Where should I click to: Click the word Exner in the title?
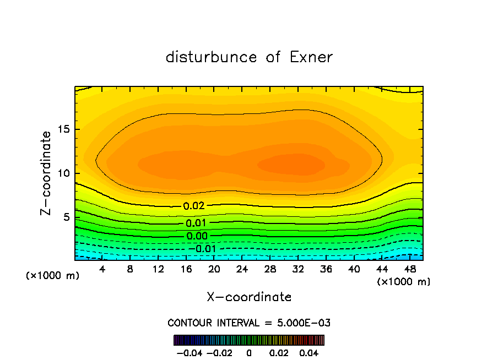pos(311,57)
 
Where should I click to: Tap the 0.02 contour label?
pos(194,206)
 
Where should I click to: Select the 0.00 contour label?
pos(197,236)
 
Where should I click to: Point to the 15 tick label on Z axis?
pos(63,130)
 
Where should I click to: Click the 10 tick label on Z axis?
pos(63,173)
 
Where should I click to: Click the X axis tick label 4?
pos(102,269)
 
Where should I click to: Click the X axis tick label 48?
pos(409,269)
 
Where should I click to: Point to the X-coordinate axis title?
pos(249,297)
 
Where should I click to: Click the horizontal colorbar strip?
pos(249,340)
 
